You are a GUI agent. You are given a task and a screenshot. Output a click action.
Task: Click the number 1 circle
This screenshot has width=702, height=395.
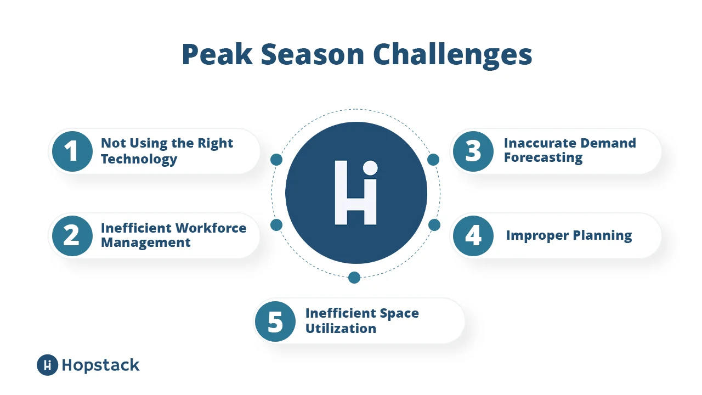[x=72, y=151]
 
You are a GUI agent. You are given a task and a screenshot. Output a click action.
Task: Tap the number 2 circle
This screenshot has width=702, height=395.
[x=72, y=236]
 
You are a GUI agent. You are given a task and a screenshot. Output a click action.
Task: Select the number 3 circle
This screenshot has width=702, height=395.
[x=473, y=151]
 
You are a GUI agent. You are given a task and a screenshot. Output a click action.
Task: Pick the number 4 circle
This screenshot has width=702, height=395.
[x=473, y=236]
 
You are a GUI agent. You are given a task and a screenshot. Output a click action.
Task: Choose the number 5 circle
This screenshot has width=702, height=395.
[x=275, y=321]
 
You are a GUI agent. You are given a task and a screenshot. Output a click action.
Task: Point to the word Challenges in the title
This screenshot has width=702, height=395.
[x=452, y=55]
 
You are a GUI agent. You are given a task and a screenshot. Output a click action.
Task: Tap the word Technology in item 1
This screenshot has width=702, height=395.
[x=139, y=160]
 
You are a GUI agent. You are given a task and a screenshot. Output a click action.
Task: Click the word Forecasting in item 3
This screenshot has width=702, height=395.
[x=543, y=158]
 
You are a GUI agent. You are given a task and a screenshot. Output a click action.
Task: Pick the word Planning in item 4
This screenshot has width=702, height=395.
[x=602, y=236]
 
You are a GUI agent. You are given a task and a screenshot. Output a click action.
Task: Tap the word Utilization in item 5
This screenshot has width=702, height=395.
[x=341, y=329]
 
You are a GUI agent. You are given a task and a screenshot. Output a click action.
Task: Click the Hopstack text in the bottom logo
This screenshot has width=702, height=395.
[x=100, y=365]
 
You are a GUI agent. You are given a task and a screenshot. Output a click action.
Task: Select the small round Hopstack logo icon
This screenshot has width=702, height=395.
[x=48, y=365]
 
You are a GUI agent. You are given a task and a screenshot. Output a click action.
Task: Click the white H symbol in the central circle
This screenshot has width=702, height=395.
[x=356, y=193]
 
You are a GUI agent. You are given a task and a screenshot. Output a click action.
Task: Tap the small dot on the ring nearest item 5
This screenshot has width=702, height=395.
[x=354, y=277]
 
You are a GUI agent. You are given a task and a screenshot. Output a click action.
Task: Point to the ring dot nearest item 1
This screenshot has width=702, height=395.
[x=276, y=160]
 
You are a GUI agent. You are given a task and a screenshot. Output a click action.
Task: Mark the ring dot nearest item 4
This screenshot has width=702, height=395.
[x=434, y=225]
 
